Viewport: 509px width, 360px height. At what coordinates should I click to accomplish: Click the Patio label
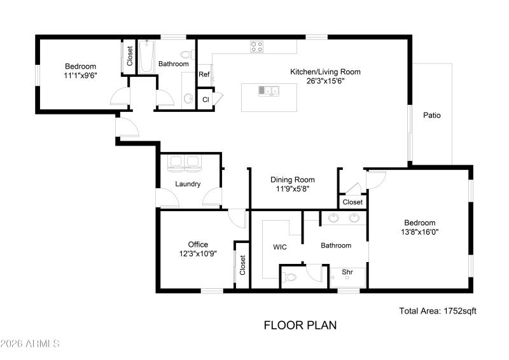[x=432, y=116]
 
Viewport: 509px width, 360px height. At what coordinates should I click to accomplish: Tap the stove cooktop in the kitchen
[x=256, y=46]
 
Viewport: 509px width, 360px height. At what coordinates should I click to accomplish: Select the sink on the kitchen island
[x=268, y=91]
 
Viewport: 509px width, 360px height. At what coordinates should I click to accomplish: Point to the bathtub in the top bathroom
[x=146, y=57]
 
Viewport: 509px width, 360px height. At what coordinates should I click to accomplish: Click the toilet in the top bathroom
[x=187, y=54]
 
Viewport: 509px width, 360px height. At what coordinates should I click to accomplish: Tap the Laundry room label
[x=188, y=184]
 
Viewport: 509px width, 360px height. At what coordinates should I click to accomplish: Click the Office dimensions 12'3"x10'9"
[x=197, y=253]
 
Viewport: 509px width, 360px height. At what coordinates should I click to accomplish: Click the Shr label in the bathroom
[x=347, y=272]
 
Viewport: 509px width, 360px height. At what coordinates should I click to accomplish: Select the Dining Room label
[x=293, y=180]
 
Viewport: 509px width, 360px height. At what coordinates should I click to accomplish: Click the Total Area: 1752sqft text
[x=437, y=311]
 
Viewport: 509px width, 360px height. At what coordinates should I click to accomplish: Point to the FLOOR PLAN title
[x=300, y=326]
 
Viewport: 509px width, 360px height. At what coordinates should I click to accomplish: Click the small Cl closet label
[x=205, y=100]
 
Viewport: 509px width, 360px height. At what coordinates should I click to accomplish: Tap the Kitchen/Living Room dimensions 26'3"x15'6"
[x=325, y=81]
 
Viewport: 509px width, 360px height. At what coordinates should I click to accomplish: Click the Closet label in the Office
[x=242, y=265]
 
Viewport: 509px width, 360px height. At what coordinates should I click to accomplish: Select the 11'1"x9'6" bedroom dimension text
[x=80, y=75]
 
